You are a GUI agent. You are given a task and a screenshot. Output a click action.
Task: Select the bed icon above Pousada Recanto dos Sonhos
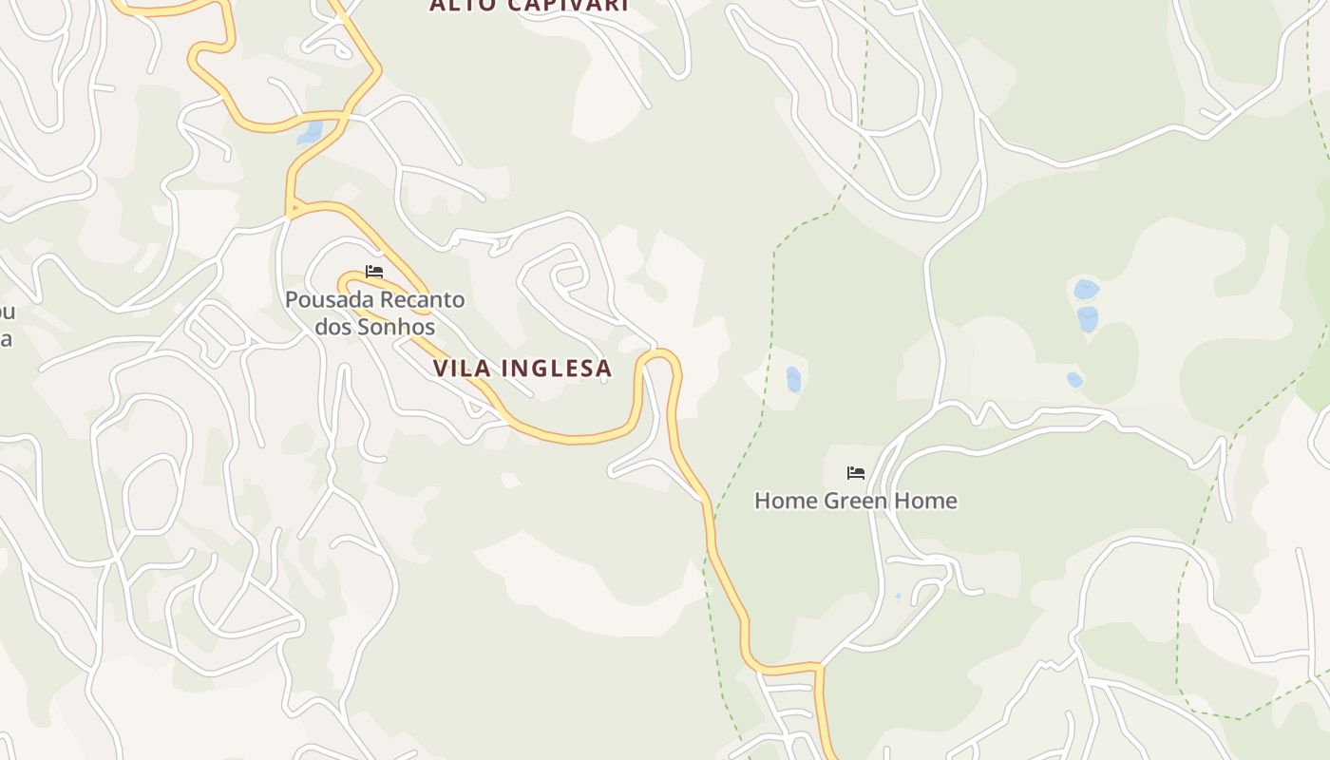pyautogui.click(x=374, y=272)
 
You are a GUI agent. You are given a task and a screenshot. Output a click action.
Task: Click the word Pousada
pyautogui.click(x=329, y=300)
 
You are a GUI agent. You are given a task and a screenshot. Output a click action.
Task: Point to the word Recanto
pyautogui.click(x=422, y=300)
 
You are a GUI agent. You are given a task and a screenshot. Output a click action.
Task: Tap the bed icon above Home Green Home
pyautogui.click(x=856, y=473)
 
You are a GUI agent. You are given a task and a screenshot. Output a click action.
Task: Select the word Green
pyautogui.click(x=856, y=501)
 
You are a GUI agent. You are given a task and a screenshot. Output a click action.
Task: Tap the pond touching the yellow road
pyautogui.click(x=310, y=133)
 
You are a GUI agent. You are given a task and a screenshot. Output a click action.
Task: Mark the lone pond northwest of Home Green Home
pyautogui.click(x=793, y=380)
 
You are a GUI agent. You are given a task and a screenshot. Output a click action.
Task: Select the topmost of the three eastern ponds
pyautogui.click(x=1086, y=289)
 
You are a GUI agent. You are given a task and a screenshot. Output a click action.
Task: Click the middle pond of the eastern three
pyautogui.click(x=1088, y=318)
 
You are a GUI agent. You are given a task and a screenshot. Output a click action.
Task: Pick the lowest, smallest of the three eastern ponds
pyautogui.click(x=1074, y=380)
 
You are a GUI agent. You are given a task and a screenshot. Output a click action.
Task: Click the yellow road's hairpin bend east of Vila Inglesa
pyautogui.click(x=658, y=356)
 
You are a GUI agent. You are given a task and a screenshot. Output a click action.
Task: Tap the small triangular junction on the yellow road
pyautogui.click(x=294, y=208)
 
